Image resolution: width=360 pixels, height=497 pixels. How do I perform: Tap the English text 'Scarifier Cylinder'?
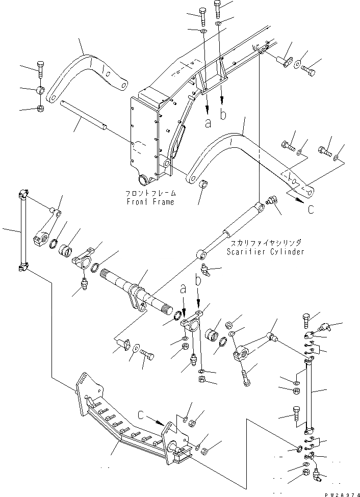coord(266,252)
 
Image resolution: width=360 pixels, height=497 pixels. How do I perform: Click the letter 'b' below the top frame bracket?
coord(223,115)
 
